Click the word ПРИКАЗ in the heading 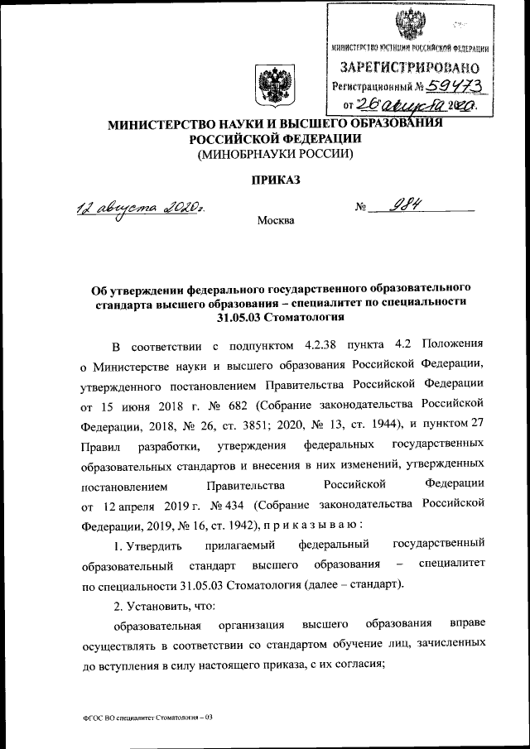point(265,180)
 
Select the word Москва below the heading point(275,220)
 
